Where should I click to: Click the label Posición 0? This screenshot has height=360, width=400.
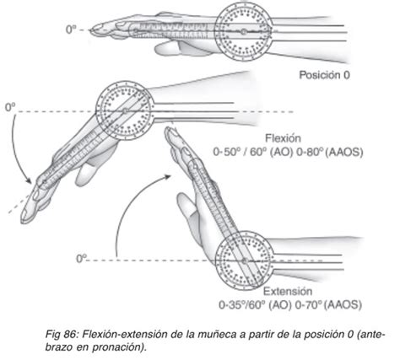tap(324, 75)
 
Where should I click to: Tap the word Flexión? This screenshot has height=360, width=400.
tap(283, 138)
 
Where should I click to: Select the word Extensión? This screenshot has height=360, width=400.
tap(288, 291)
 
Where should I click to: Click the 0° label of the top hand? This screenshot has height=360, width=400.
tap(71, 30)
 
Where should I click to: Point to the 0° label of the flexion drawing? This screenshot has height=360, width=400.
tap(10, 107)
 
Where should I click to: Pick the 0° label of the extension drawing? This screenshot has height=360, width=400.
tap(82, 258)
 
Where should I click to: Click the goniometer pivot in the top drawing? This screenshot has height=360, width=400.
tap(244, 32)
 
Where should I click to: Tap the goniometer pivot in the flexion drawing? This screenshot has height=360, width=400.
tap(125, 111)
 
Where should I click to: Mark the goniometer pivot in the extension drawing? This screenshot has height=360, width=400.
tap(244, 261)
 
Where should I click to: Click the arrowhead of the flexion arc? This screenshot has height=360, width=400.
tap(28, 180)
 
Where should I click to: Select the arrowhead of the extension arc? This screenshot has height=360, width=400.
tap(167, 177)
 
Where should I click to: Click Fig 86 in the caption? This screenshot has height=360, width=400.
tap(60, 335)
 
